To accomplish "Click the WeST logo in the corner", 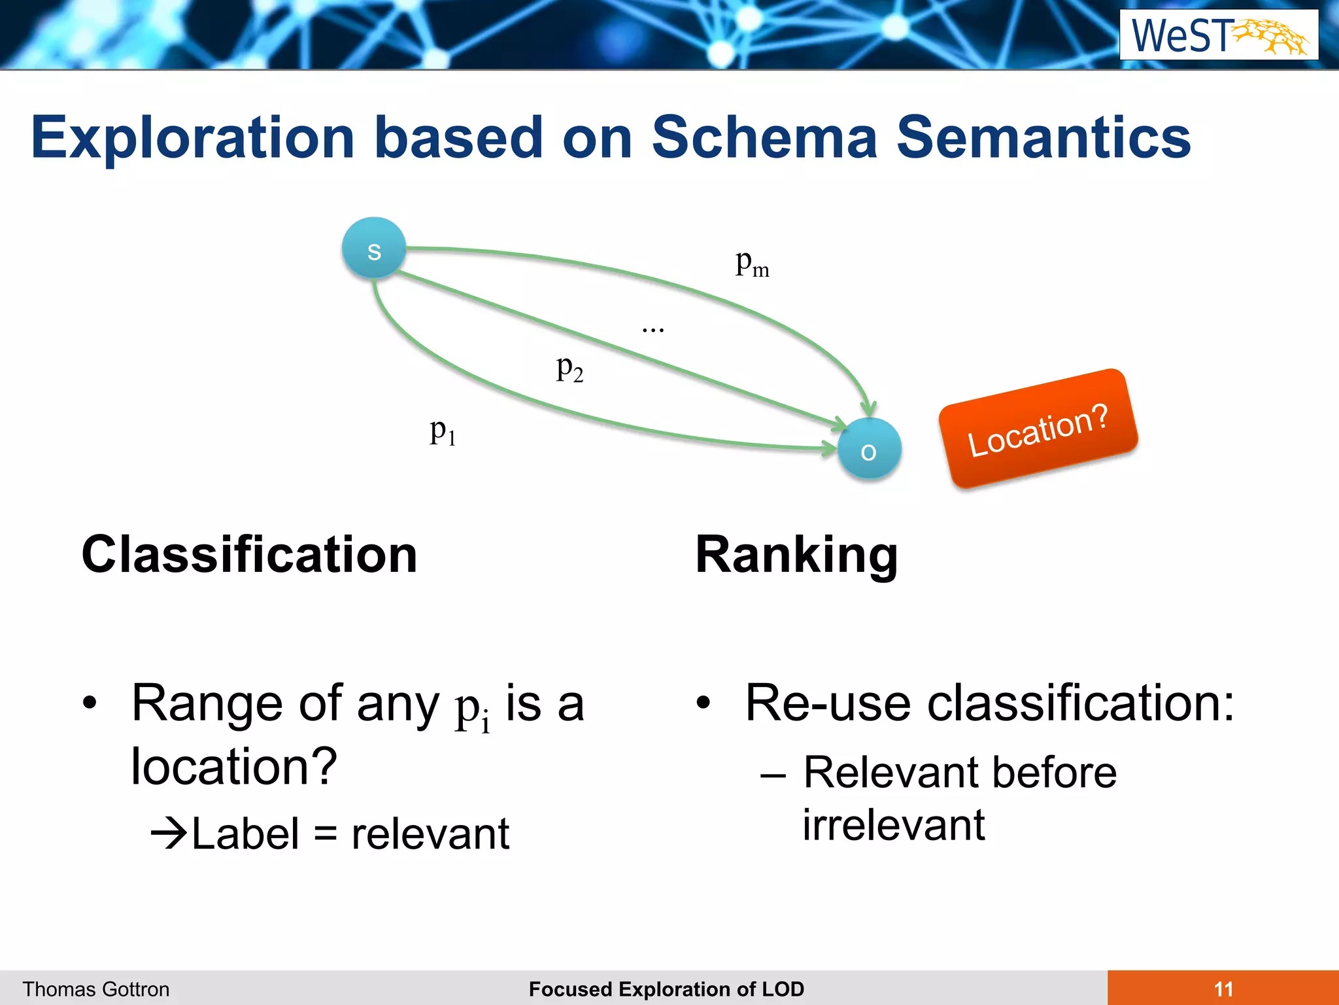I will click(x=1219, y=35).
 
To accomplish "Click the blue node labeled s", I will click(x=374, y=249).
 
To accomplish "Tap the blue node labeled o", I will click(x=869, y=450).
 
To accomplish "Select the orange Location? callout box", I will click(x=1038, y=429).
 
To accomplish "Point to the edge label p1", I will click(x=443, y=432).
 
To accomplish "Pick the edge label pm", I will click(x=752, y=264).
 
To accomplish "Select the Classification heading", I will click(x=249, y=555).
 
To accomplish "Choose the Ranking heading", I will click(x=796, y=555).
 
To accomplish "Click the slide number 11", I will click(x=1223, y=989).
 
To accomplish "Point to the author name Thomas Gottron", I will click(x=96, y=989).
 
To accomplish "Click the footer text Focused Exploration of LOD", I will click(x=666, y=989).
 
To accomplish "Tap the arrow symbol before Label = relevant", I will click(x=169, y=834).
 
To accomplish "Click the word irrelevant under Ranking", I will click(x=894, y=824).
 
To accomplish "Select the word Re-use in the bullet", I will click(x=828, y=703).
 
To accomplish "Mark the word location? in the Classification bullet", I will click(x=234, y=766).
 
